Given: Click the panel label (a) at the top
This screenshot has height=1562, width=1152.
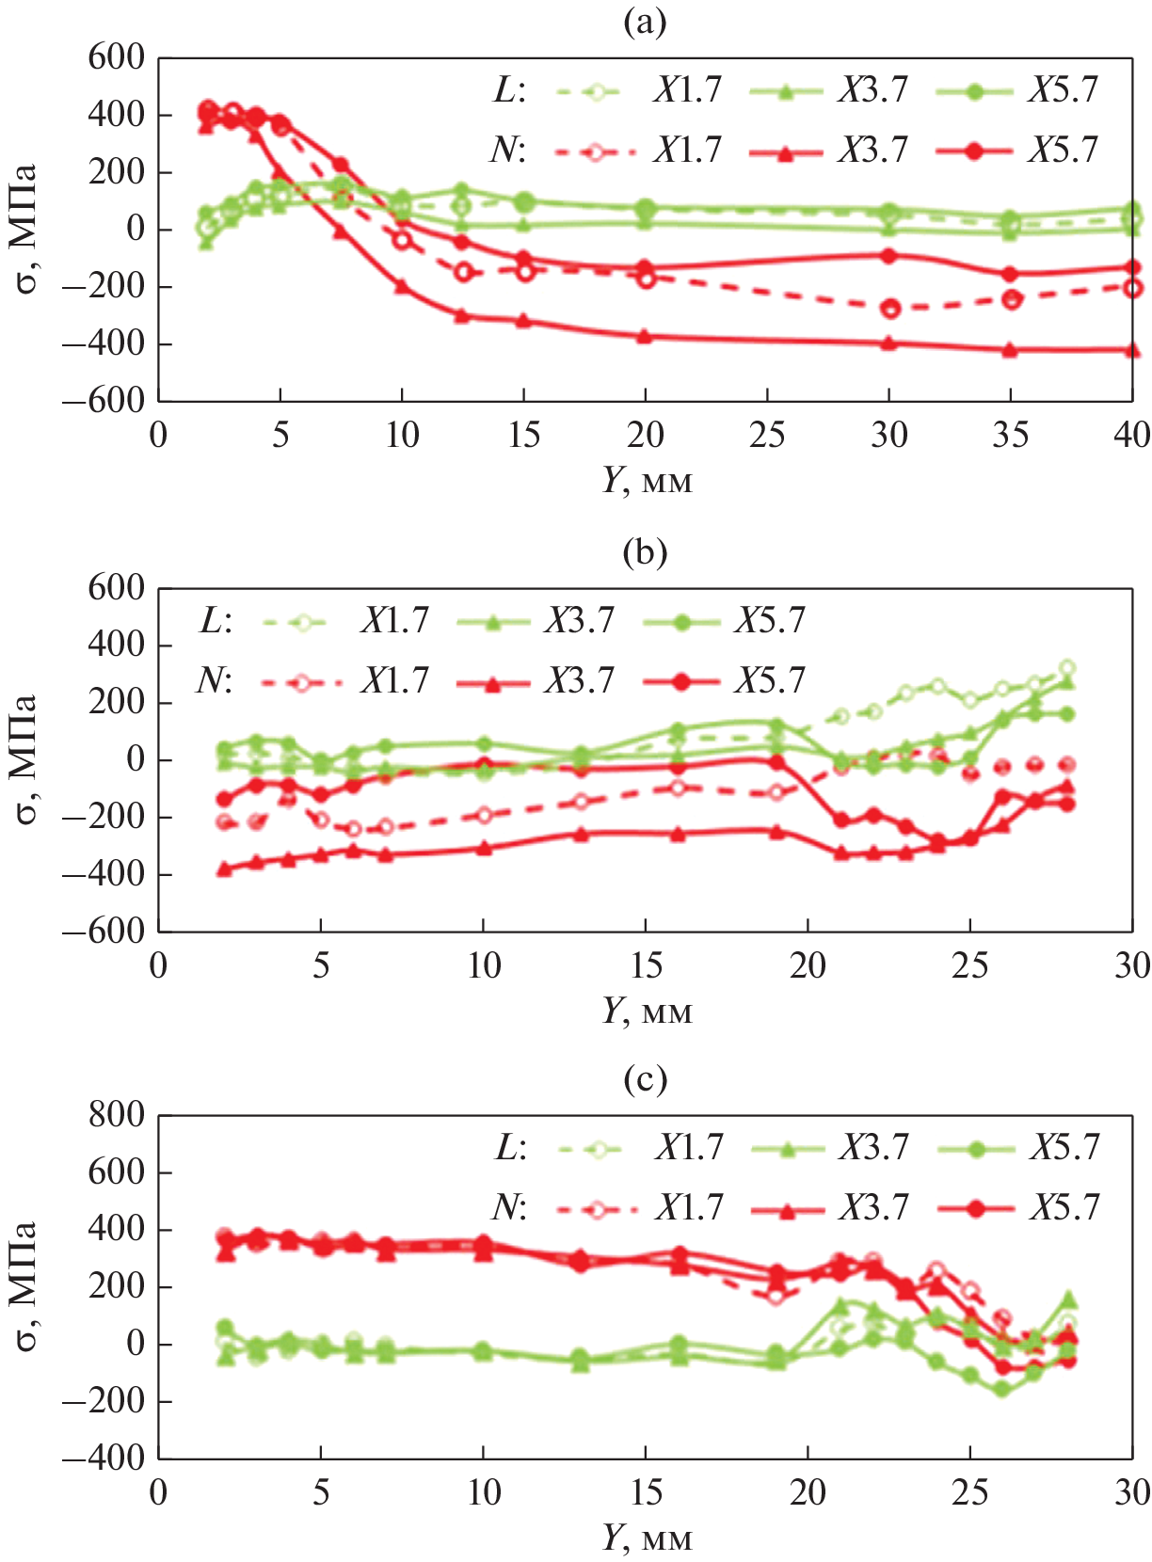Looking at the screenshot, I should (645, 23).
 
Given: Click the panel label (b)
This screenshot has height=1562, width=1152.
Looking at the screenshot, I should (645, 552).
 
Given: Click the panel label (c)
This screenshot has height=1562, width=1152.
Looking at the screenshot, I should (645, 1079).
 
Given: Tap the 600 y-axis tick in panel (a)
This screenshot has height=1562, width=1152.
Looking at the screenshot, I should (116, 57).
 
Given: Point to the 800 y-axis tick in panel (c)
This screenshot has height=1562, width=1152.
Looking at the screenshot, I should (116, 1115).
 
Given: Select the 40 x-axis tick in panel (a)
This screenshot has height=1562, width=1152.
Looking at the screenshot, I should (1131, 435).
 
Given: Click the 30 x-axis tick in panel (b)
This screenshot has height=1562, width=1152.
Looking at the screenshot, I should (1131, 965).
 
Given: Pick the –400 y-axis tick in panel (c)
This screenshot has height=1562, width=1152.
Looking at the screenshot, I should (104, 1458).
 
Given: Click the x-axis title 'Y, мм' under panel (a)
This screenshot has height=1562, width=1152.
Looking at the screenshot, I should (647, 481).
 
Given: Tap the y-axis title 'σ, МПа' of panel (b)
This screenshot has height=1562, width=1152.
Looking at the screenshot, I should (25, 758).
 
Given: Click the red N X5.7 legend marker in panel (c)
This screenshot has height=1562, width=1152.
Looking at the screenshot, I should (976, 1208).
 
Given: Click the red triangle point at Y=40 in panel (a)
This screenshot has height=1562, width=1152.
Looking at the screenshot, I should (1132, 351).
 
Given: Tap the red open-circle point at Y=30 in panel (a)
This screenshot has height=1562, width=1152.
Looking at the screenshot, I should (889, 309).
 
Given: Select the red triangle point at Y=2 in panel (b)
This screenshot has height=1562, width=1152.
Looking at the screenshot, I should (224, 869).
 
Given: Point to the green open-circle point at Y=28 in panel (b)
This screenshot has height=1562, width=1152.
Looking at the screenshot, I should (1067, 669).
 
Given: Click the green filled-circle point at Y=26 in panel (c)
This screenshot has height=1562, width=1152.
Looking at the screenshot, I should (1002, 1389).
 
